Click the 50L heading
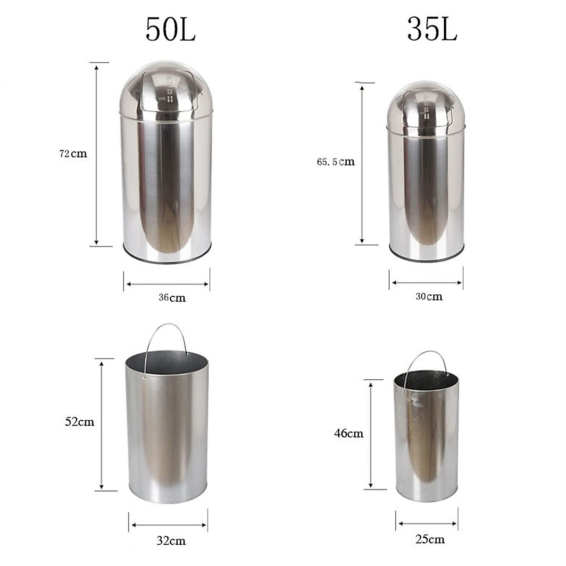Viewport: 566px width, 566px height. [x=170, y=30]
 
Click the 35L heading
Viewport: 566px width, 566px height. [x=432, y=30]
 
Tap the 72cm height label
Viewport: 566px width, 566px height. [x=73, y=154]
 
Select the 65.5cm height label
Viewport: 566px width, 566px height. [x=335, y=162]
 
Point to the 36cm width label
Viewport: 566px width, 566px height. [x=172, y=298]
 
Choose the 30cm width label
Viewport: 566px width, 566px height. [x=429, y=297]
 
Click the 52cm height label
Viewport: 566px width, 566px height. [x=80, y=422]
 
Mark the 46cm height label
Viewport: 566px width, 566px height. [x=349, y=433]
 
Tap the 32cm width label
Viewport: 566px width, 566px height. [x=171, y=541]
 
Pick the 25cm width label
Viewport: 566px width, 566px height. [x=430, y=539]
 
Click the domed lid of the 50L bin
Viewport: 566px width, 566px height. [x=166, y=90]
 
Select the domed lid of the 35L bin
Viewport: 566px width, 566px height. [x=426, y=106]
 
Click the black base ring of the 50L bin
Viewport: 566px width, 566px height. [x=166, y=259]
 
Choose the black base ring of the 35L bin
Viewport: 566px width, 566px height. [x=426, y=257]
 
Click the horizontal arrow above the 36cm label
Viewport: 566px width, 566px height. [x=167, y=284]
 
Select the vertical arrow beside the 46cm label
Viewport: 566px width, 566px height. [x=371, y=434]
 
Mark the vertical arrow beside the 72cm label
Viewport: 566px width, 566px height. [x=97, y=154]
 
